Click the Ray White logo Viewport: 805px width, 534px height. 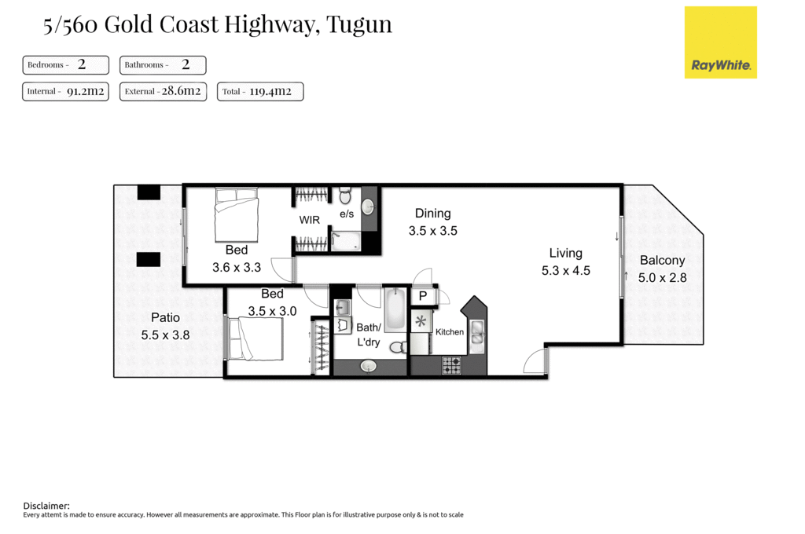(720, 42)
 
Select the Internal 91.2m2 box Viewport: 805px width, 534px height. (67, 91)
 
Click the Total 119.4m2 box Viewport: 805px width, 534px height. (259, 91)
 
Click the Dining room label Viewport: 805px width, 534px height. (432, 214)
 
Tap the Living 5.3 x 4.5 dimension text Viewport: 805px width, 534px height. (565, 271)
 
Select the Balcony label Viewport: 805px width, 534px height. (662, 261)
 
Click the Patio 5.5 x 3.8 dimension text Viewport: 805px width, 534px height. (165, 335)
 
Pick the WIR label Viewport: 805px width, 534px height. (310, 221)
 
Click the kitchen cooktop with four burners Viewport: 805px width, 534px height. (451, 364)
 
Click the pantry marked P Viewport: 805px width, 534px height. (422, 296)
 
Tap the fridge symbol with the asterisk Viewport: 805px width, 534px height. (421, 321)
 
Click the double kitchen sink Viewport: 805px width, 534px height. (477, 333)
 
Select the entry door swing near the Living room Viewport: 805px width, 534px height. (535, 361)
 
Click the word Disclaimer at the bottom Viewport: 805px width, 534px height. (46, 506)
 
